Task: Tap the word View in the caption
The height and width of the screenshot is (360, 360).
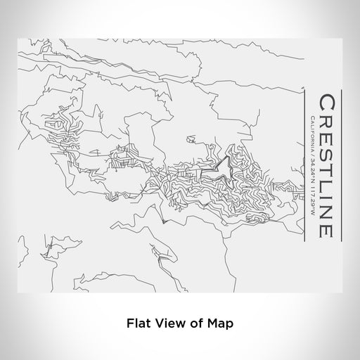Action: pyautogui.click(x=169, y=325)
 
